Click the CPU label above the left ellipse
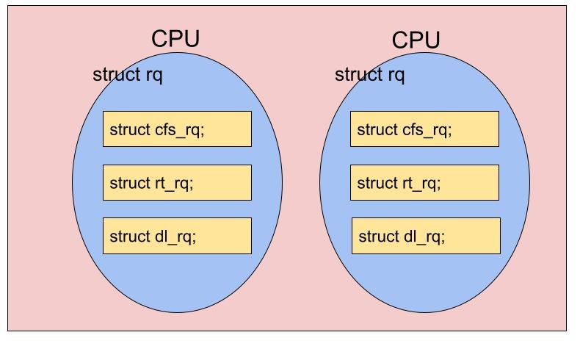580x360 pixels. (x=175, y=39)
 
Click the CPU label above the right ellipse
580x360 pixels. (x=416, y=40)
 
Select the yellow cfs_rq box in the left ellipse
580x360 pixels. (x=177, y=129)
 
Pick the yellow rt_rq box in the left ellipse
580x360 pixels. (x=177, y=183)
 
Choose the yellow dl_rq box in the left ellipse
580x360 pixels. (x=177, y=236)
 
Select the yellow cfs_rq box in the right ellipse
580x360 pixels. (x=424, y=129)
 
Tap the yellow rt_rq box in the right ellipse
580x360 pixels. (x=424, y=183)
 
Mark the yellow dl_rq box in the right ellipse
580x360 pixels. (x=426, y=236)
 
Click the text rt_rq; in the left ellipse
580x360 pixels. (x=174, y=184)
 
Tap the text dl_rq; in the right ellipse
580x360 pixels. (x=424, y=237)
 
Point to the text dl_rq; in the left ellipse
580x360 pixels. (x=175, y=237)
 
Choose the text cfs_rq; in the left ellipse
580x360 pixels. (x=180, y=131)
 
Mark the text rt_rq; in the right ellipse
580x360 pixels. (x=421, y=184)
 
